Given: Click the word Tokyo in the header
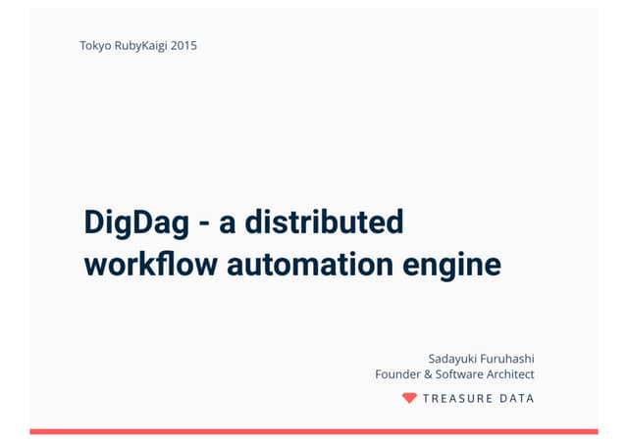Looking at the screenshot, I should (x=96, y=45).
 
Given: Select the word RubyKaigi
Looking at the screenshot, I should (x=140, y=45).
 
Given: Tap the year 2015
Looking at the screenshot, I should (x=183, y=45).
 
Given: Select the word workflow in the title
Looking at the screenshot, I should (x=152, y=264).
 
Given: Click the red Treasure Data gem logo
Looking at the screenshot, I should (x=409, y=398).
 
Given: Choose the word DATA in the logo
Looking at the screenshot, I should (x=518, y=399).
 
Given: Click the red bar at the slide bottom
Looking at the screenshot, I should (x=314, y=431).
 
